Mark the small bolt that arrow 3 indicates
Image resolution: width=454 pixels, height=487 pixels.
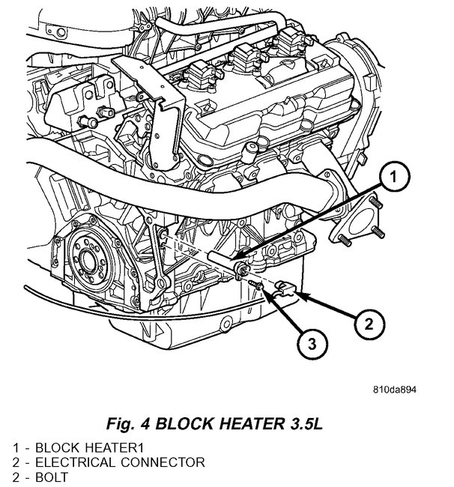(258, 285)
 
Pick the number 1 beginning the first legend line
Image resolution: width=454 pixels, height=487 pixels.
(15, 447)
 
